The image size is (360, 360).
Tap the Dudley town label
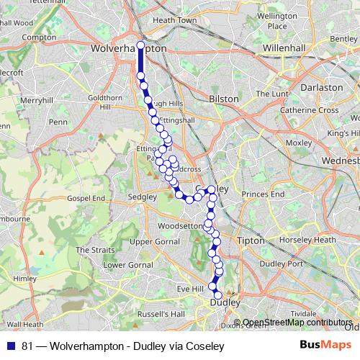tap(224, 303)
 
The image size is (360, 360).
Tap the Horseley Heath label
tap(309, 240)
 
